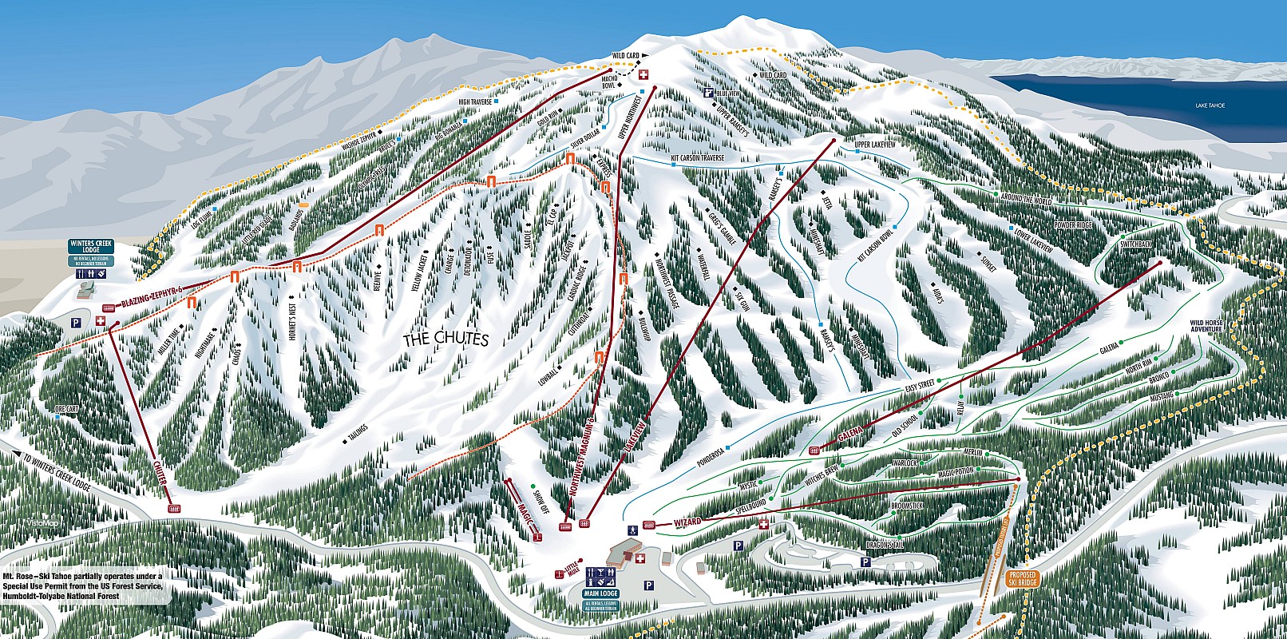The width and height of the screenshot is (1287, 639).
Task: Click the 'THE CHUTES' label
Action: pyautogui.click(x=445, y=339)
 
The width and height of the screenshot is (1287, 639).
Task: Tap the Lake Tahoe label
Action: pyautogui.click(x=1210, y=105)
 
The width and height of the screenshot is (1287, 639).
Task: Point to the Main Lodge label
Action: pyautogui.click(x=601, y=594)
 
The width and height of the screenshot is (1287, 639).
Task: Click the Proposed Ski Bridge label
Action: pyautogui.click(x=1022, y=578)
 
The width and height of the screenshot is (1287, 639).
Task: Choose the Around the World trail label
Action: pyautogui.click(x=1026, y=200)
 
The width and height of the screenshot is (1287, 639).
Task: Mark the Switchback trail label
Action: pyautogui.click(x=1136, y=243)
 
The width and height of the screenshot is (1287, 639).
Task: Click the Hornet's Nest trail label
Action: pyautogui.click(x=296, y=318)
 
